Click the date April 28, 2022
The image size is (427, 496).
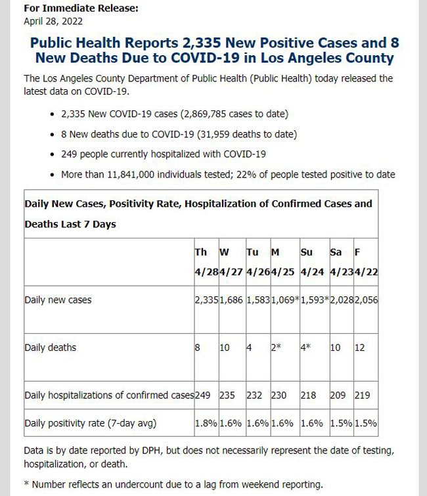click(53, 21)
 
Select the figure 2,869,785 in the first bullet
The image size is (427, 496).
click(204, 114)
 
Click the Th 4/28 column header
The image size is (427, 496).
click(206, 262)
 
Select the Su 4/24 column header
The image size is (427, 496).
click(312, 262)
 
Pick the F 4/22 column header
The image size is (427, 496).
click(366, 262)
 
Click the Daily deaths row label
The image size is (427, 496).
click(51, 348)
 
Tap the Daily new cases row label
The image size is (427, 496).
click(58, 300)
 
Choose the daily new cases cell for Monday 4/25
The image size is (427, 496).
click(285, 300)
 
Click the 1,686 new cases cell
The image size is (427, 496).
click(231, 300)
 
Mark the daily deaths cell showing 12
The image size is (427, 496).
click(359, 348)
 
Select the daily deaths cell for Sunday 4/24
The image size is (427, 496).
click(305, 348)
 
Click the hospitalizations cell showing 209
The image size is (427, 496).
click(338, 395)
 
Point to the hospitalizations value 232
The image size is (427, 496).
click(254, 395)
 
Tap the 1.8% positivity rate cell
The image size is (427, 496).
click(206, 423)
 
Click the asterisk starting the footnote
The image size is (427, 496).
click(26, 484)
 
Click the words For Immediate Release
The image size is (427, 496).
click(81, 8)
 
